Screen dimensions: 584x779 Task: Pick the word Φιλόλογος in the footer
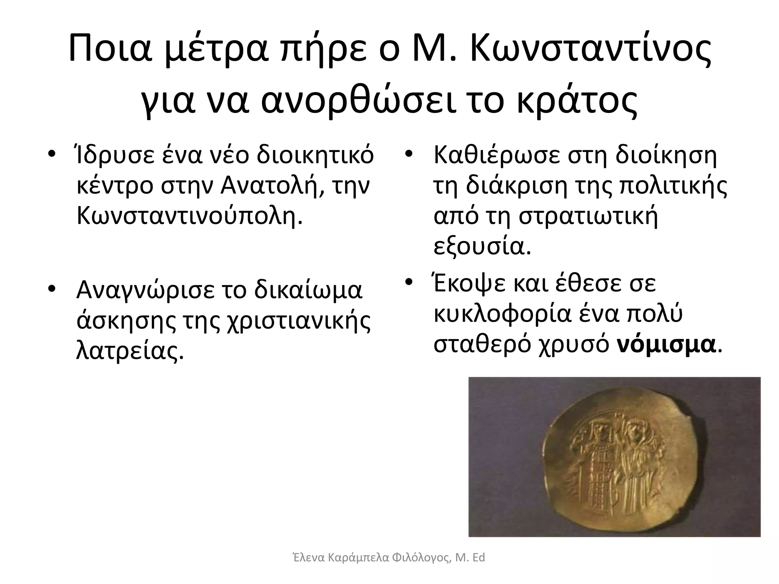pyautogui.click(x=421, y=558)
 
